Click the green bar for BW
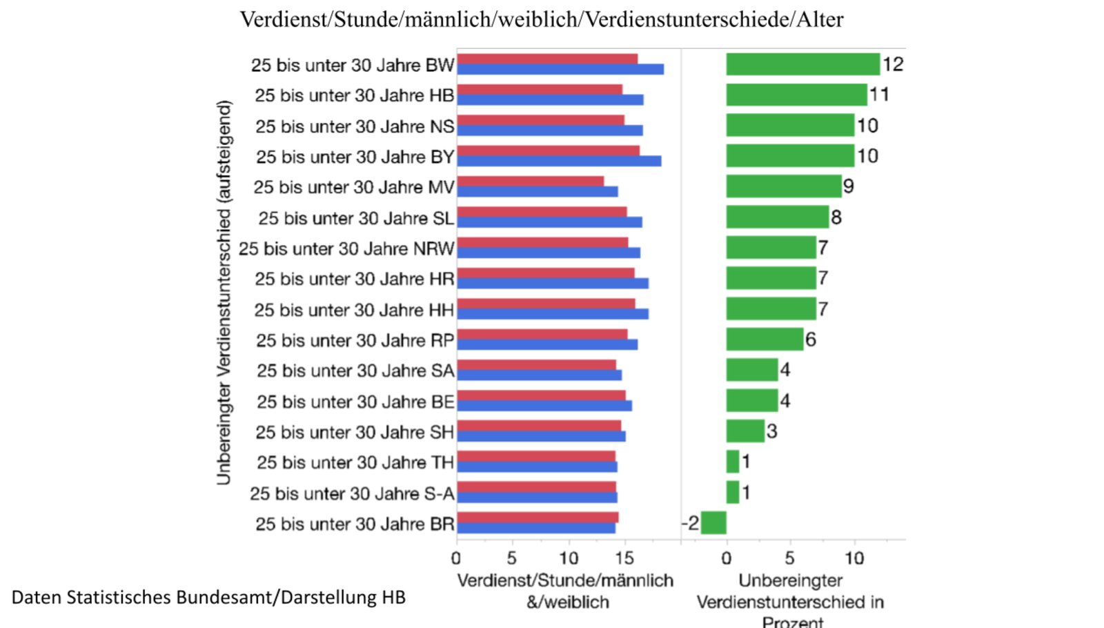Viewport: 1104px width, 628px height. (x=802, y=64)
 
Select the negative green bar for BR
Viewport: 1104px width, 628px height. (x=713, y=522)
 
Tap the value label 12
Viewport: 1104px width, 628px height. (x=893, y=64)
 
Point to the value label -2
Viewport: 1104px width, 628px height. (x=690, y=522)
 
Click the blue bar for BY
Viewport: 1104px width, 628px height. (x=559, y=161)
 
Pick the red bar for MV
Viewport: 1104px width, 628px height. (x=530, y=181)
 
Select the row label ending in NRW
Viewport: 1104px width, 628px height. (x=346, y=248)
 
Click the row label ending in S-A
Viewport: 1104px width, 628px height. (x=352, y=493)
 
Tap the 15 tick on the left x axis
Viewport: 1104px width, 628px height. (x=624, y=558)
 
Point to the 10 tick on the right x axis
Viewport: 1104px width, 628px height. (x=854, y=558)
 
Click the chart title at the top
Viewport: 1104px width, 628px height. (x=541, y=19)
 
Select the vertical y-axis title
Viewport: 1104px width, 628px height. (x=224, y=293)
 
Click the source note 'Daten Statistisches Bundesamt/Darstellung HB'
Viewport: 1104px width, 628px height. (x=208, y=597)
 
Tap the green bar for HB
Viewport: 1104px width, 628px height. (x=796, y=95)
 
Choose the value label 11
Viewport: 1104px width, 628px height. (x=879, y=95)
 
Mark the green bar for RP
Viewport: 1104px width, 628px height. (x=765, y=340)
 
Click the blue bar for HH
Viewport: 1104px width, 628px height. (x=552, y=314)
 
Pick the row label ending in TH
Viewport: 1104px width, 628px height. (x=355, y=462)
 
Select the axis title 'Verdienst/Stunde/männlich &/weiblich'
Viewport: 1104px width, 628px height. (x=565, y=591)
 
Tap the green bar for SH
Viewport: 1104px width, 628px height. (x=745, y=431)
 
